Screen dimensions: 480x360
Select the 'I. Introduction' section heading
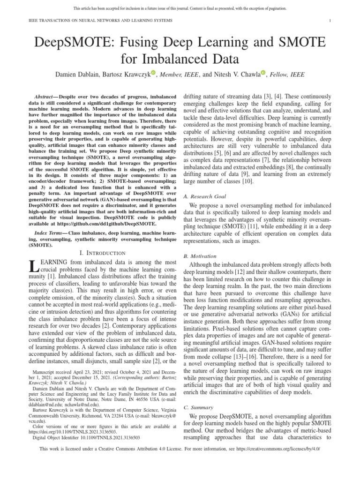(x=103, y=253)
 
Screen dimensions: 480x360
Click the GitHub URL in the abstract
(x=118, y=224)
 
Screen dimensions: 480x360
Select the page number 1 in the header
(x=330, y=21)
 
